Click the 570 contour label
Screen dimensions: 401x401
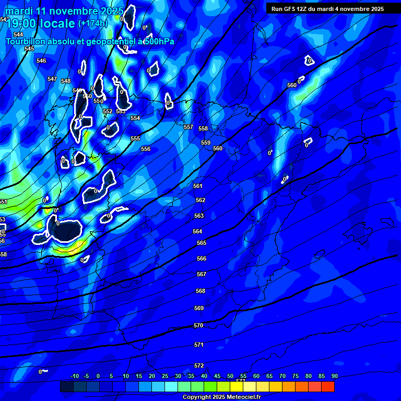point(198,325)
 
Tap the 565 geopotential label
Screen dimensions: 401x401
point(202,243)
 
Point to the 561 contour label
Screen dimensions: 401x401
point(198,186)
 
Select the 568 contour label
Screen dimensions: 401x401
point(200,291)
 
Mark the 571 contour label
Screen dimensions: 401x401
point(199,345)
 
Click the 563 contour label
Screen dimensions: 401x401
point(199,216)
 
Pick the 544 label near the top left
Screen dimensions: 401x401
point(18,34)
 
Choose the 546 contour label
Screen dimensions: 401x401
point(41,61)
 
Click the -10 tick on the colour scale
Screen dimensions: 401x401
point(74,376)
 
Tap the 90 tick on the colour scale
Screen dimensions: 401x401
point(334,376)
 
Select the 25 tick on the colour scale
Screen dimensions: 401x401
point(164,376)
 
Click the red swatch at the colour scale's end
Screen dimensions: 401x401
point(328,386)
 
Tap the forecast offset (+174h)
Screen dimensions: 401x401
point(92,23)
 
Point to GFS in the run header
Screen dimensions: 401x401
point(289,8)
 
